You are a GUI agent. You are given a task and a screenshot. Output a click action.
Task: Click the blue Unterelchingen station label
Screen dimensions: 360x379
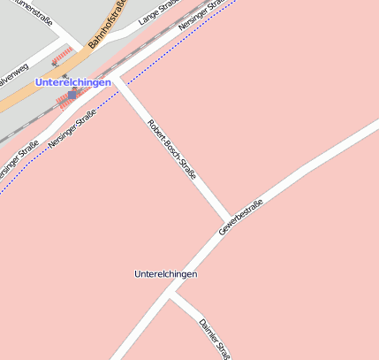click(x=72, y=82)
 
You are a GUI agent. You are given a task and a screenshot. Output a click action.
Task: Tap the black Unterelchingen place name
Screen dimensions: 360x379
click(x=165, y=274)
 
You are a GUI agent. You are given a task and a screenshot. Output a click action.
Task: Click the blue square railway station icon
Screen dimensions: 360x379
click(x=72, y=95)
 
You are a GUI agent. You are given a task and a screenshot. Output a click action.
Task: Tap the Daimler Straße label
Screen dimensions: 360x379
click(x=215, y=338)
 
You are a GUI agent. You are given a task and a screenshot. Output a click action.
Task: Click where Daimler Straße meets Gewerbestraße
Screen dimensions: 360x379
click(x=170, y=295)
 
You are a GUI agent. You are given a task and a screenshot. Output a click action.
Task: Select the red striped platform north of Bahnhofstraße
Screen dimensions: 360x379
click(x=60, y=57)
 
